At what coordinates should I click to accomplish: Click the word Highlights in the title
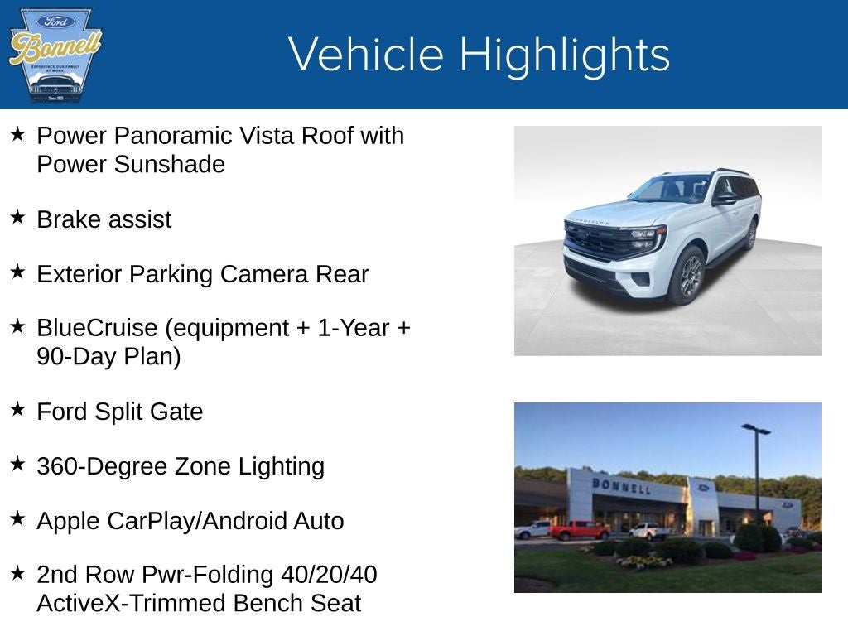coord(564,55)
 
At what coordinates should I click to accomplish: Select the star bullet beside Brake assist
coord(17,217)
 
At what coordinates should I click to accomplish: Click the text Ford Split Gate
coord(119,412)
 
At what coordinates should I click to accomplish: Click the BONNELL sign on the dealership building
coord(621,485)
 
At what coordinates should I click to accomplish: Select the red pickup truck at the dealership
coord(579,530)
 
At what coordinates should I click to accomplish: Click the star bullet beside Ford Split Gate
coord(17,409)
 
